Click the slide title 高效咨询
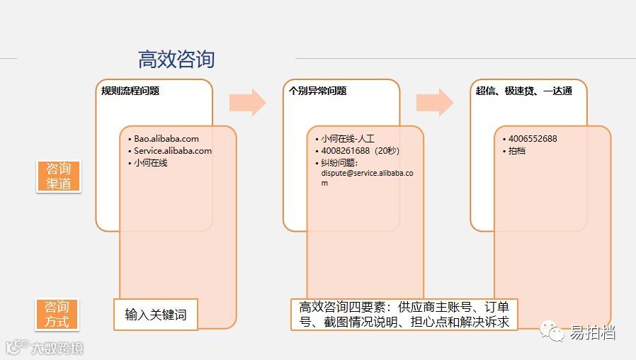pos(176,60)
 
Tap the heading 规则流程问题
pos(130,91)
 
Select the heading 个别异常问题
pos(317,91)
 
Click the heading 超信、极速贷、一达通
pos(523,91)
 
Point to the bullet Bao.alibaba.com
pos(166,139)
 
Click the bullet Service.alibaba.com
pos(173,151)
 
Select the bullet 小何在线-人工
pos(348,139)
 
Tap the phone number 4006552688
pos(533,139)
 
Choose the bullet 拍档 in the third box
pos(517,151)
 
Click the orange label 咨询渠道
pos(59,176)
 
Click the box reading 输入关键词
pos(156,315)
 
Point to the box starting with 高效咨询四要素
pos(404,315)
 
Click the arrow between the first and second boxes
pos(247,103)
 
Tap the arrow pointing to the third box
pos(434,103)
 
